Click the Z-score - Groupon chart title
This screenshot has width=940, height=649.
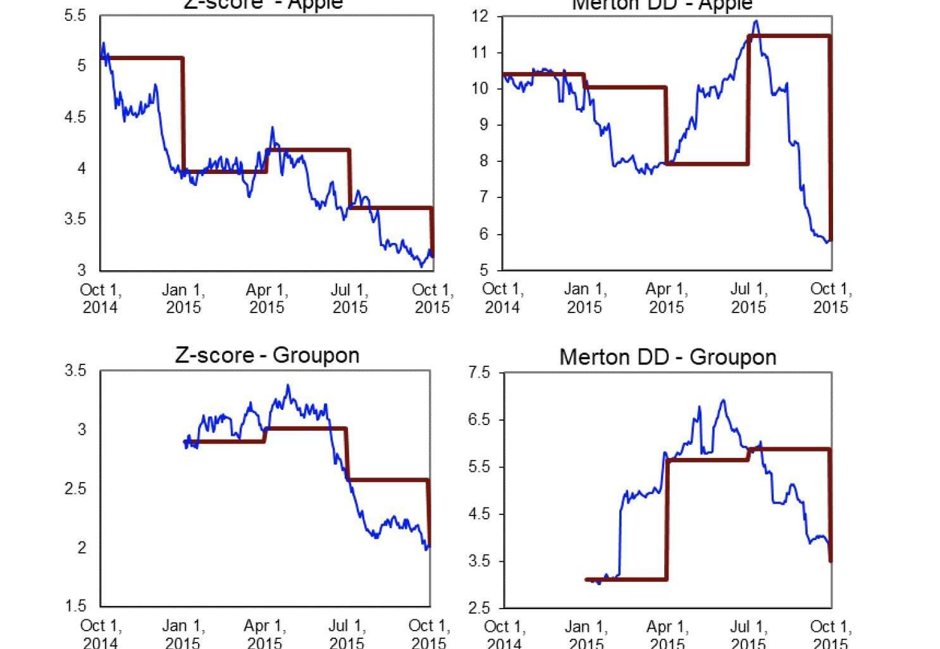(x=267, y=355)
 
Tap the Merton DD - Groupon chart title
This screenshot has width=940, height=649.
(x=667, y=357)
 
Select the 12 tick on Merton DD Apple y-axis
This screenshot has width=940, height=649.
(x=481, y=16)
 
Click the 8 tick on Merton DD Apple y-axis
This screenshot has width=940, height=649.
(x=484, y=161)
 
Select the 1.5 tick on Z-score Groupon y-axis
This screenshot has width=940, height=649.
(x=75, y=606)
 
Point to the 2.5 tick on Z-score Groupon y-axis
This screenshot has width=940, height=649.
(x=75, y=488)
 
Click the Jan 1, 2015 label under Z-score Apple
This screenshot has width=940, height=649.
(x=183, y=299)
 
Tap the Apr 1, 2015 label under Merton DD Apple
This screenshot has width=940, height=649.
(x=667, y=298)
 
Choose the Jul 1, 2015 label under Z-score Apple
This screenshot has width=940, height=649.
(x=350, y=299)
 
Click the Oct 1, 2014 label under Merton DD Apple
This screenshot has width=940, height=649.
(x=503, y=298)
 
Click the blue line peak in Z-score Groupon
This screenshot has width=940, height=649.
(x=288, y=385)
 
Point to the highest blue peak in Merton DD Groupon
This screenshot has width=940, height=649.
(x=723, y=400)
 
